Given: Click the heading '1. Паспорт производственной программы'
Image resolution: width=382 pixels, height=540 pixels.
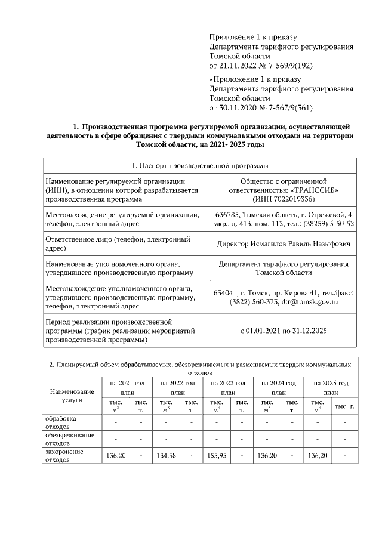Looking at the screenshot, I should coord(199,165).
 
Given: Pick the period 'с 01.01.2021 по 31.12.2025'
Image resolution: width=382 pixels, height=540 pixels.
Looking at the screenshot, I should coord(284,330).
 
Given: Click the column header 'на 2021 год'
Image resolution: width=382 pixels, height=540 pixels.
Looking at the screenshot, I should coord(128,382).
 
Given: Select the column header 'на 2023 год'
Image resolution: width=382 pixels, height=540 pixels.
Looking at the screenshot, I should coord(228,382).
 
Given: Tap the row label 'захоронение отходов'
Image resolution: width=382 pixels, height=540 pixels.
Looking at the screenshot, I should coord(64,456).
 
